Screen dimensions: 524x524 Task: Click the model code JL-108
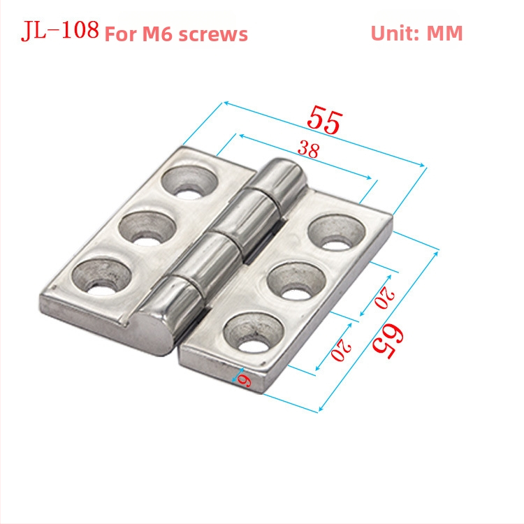[x=60, y=30]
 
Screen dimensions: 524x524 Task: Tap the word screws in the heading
[x=213, y=34]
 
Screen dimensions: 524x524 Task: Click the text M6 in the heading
[x=159, y=34]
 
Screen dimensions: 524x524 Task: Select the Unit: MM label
[x=416, y=33]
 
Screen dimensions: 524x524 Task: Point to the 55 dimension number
[x=325, y=119]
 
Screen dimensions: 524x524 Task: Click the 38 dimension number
[x=309, y=149]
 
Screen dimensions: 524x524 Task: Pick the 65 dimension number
[x=388, y=342]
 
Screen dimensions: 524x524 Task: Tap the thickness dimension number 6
[x=245, y=380]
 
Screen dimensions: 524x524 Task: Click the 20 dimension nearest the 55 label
[x=385, y=297]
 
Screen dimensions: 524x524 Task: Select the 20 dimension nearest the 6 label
[x=341, y=349]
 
